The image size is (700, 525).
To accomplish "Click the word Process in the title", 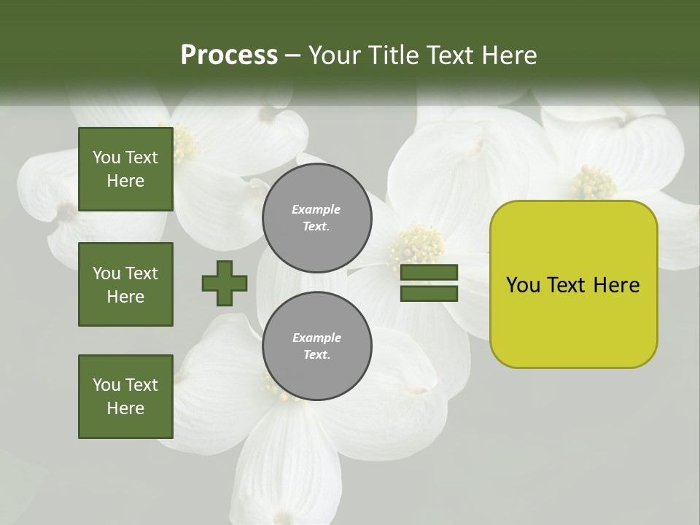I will (229, 55).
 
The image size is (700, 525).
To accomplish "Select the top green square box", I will (125, 169).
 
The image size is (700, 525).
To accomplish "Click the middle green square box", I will (125, 284).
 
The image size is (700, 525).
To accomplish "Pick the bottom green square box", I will (125, 397).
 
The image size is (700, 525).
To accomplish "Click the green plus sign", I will (225, 283).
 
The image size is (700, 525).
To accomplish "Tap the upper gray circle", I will (316, 218).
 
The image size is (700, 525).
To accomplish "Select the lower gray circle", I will (316, 346).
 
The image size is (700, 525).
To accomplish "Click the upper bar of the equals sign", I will (429, 273).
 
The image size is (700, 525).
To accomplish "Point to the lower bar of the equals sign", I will (429, 293).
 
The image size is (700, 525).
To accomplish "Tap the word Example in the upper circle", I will (316, 209).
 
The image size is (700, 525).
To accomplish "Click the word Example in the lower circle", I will (316, 338).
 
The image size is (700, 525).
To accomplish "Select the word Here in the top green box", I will (125, 181).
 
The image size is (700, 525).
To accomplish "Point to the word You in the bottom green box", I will (106, 385).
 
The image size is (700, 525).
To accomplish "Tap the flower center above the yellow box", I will (592, 182).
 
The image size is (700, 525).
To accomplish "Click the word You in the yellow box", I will (523, 285).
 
